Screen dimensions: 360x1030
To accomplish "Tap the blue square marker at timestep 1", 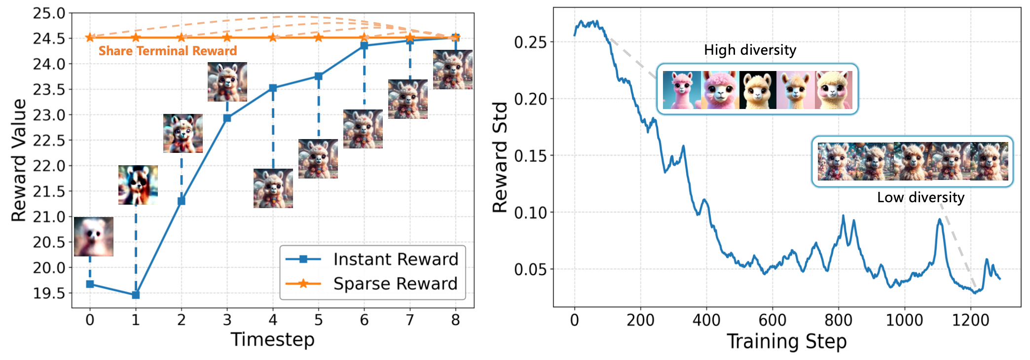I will tap(136, 295).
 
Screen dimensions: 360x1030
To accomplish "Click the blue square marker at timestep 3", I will tap(227, 118).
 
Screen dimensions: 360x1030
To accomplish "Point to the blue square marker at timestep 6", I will tap(364, 46).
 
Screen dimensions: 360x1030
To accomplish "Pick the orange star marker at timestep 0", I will tap(90, 37).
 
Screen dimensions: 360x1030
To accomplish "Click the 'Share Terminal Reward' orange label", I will tap(168, 51).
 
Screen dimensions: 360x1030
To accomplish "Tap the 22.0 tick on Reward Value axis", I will tap(49, 166).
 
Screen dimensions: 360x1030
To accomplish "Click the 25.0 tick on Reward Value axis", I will tap(49, 13).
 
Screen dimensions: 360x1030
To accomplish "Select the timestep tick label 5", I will tap(318, 321).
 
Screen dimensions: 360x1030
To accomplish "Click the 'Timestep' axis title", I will tap(272, 340).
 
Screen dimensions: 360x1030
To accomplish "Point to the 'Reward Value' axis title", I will tap(19, 160).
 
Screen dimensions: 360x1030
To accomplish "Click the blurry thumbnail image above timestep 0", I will tap(94, 237).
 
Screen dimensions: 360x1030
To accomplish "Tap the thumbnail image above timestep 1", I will tap(138, 185).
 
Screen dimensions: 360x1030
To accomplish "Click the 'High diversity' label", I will tap(750, 50).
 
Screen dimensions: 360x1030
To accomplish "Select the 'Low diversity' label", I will tap(920, 197).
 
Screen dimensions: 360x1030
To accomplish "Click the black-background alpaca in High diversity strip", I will tap(758, 90).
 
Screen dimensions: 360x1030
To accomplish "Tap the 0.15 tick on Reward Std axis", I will tap(530, 156).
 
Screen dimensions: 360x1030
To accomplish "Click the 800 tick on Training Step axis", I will tap(838, 321).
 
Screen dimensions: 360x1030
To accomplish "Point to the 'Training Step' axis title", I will tap(786, 341).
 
